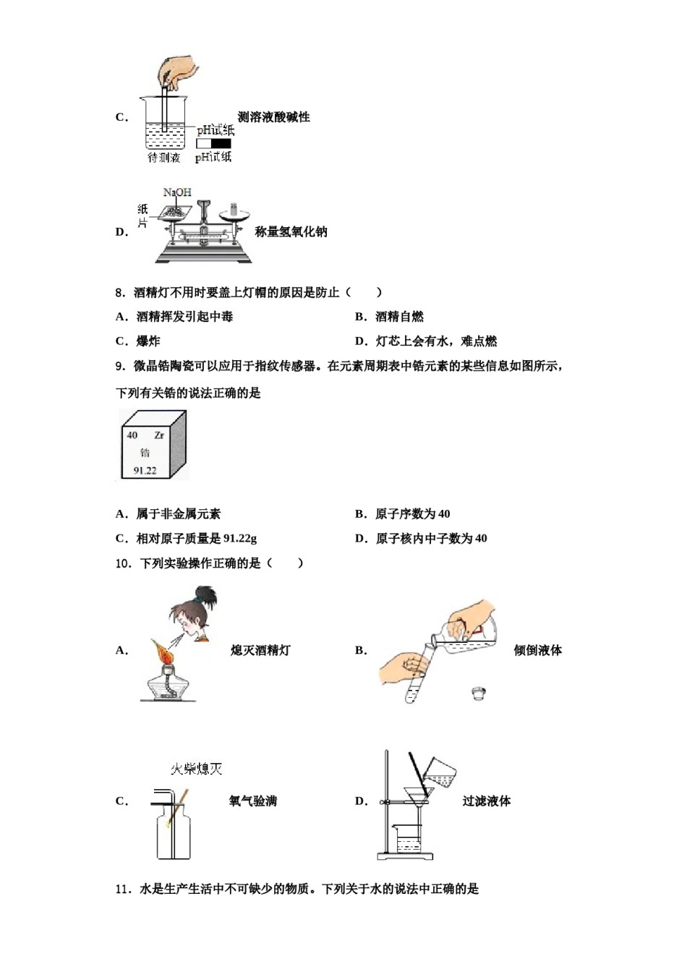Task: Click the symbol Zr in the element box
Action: coord(159,435)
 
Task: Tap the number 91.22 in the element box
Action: coord(145,471)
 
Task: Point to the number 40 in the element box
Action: coord(132,435)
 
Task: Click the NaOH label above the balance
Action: coord(177,192)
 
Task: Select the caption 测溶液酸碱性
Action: coord(273,117)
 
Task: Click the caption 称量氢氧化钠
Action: coord(291,232)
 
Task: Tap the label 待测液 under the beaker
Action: coord(163,157)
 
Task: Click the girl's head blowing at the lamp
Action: coord(194,615)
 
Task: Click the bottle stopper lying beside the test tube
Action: coord(477,693)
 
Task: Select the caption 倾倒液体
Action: coord(537,650)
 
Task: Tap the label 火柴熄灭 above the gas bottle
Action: coord(196,769)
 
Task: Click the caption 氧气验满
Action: coord(252,801)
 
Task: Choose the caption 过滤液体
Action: coord(486,801)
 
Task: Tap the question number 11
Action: coord(123,890)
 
